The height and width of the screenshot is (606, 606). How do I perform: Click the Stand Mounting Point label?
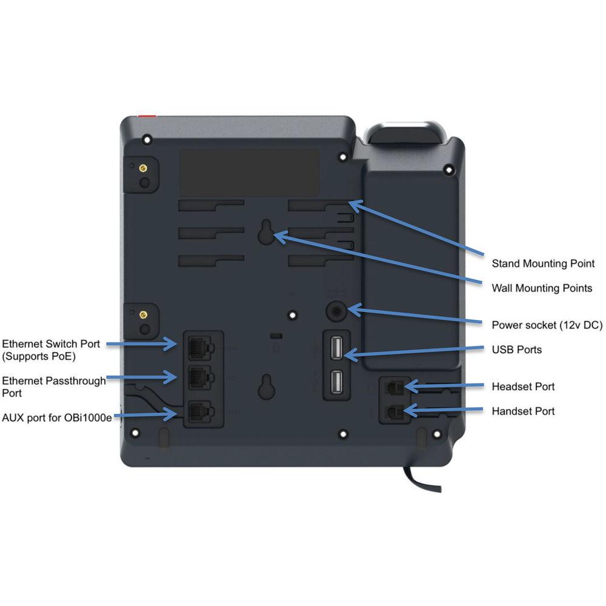click(x=543, y=264)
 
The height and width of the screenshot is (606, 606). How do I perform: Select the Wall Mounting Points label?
click(x=542, y=288)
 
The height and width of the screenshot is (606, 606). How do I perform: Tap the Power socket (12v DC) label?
click(x=547, y=325)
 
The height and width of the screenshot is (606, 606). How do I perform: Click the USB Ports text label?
click(x=516, y=350)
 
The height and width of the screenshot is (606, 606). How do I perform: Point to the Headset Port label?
click(x=523, y=387)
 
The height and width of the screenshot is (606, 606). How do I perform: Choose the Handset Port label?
click(x=523, y=411)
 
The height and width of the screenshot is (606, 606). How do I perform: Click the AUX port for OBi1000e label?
click(x=57, y=417)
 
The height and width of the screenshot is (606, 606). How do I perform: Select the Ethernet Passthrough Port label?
click(x=53, y=387)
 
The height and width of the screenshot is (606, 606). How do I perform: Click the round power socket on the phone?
click(x=336, y=312)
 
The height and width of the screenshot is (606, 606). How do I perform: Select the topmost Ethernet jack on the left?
click(x=199, y=346)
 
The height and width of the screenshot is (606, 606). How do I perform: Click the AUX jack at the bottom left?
click(x=199, y=412)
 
